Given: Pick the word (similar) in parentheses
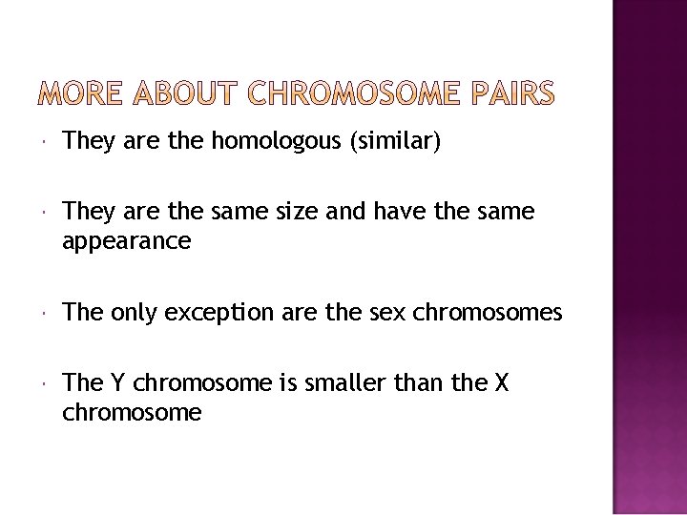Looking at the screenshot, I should pos(396,144).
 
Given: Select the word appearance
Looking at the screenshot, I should pos(127,242).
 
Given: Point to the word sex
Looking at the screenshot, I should pos(382,313).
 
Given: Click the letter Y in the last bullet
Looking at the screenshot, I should pos(117,383).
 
